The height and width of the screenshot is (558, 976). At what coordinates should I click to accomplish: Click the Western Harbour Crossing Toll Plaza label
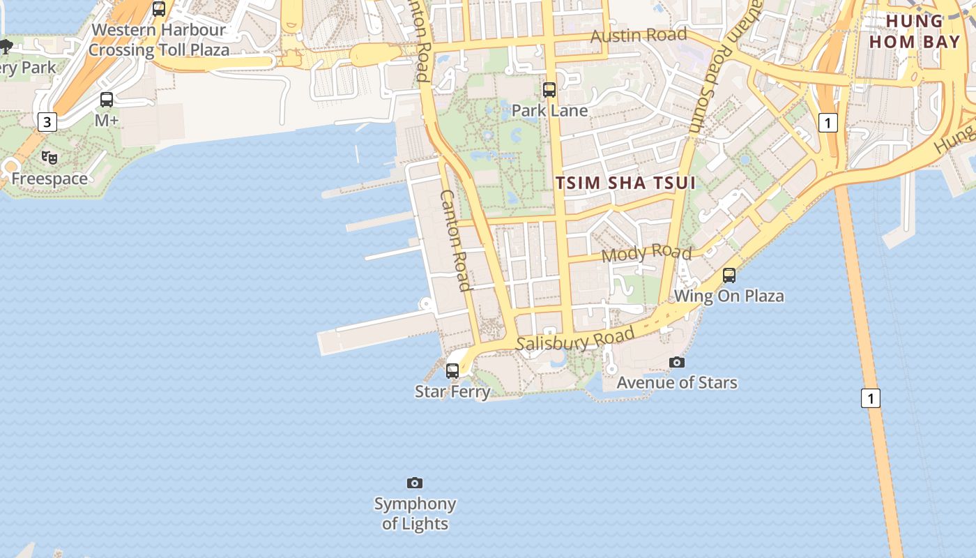point(159,40)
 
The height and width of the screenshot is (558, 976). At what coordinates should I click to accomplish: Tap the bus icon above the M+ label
point(107,100)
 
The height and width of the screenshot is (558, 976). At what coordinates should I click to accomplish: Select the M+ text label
point(107,121)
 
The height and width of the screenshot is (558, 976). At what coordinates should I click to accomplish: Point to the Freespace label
point(49,179)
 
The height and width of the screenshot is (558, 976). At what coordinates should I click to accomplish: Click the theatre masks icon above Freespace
point(49,158)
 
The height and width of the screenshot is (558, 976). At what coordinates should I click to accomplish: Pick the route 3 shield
point(47,123)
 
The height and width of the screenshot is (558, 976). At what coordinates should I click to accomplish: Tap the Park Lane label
point(549,110)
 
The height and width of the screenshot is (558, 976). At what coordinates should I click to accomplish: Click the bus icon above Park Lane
point(549,90)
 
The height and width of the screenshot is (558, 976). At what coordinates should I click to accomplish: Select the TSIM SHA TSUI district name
point(626,183)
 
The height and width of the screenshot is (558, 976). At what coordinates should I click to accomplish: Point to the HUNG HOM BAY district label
point(923,31)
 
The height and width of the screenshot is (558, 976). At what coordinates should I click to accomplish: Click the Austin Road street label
point(639,35)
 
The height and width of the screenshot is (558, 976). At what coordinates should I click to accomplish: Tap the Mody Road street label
point(646,252)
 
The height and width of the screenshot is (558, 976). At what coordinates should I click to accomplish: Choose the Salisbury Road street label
point(575,340)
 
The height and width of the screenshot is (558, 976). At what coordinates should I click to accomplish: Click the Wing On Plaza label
point(729,296)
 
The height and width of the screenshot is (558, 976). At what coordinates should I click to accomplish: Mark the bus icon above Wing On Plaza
point(729,276)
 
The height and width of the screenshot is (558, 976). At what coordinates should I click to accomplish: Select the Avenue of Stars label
point(677,382)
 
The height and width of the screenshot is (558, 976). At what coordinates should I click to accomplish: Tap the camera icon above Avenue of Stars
point(677,362)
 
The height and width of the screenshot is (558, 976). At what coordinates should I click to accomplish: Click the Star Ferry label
point(452,391)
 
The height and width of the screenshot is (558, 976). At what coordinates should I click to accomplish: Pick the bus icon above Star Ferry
point(452,371)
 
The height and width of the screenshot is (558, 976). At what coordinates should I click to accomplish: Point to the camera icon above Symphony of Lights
point(415,483)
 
